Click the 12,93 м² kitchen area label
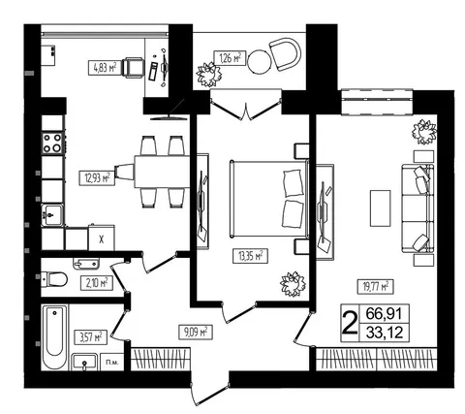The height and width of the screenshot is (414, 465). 97,178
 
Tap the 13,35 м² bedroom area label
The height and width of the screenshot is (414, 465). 250,256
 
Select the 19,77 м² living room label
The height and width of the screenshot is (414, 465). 375,286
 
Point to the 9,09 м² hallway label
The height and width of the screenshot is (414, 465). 196,332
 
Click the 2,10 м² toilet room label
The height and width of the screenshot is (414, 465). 97,283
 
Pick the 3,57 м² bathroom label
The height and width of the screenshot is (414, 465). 91,337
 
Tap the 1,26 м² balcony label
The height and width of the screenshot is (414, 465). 231,58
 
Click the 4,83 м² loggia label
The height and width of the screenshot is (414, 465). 106,68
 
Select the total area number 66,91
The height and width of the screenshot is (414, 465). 385,313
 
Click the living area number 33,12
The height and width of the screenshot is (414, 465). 385,332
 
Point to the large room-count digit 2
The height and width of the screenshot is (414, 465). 350,323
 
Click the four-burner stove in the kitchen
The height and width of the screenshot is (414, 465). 52,143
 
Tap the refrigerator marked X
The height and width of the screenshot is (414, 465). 101,238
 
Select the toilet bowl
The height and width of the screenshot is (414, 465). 54,279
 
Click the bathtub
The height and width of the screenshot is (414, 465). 55,337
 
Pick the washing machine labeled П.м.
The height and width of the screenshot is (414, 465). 112,362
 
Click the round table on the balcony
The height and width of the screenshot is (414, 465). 260,62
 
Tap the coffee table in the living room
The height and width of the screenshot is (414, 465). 380,208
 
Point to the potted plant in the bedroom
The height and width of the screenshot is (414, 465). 293,284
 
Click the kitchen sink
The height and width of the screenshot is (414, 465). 52,215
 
